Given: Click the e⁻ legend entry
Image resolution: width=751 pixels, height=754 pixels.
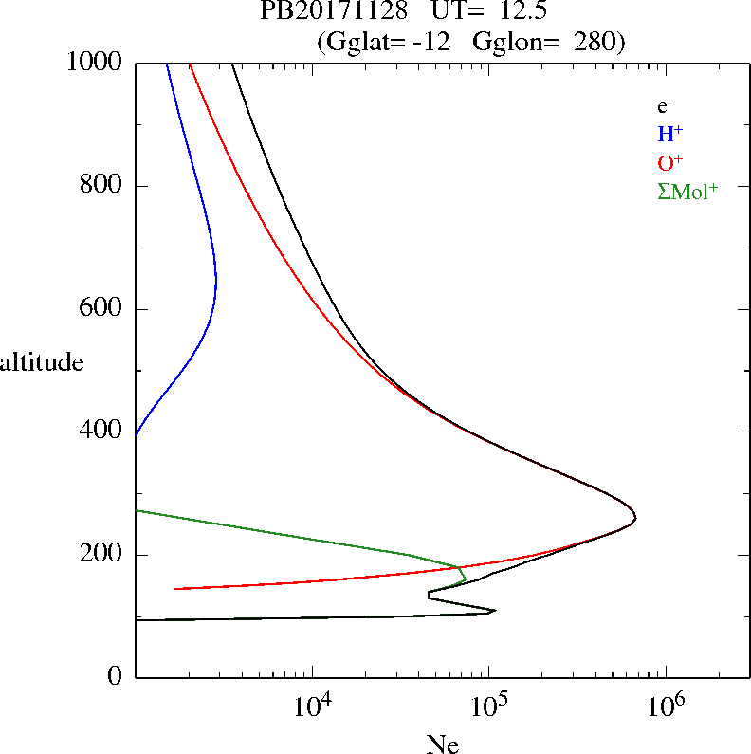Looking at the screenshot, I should [x=665, y=107].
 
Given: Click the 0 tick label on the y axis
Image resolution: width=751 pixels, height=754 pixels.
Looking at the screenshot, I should [x=116, y=677].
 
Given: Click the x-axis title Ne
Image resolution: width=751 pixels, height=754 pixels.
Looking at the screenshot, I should [x=442, y=745].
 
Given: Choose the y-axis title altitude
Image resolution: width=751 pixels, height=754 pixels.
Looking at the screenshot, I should [x=42, y=362].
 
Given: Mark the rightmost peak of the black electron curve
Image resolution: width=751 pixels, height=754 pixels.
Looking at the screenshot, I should [x=634, y=518].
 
